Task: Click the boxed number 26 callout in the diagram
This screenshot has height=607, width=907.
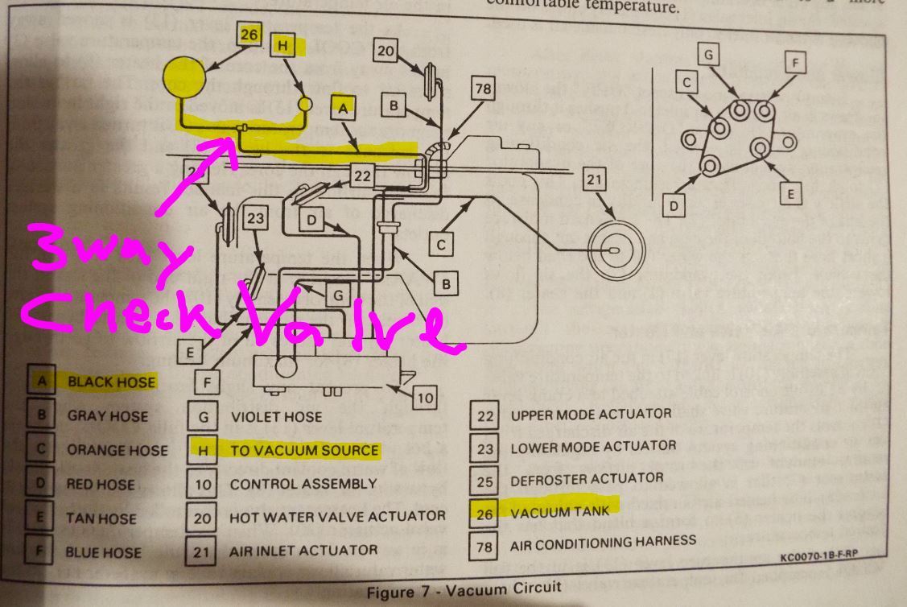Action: (x=249, y=34)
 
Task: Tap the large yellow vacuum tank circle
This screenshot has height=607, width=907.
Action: (x=184, y=78)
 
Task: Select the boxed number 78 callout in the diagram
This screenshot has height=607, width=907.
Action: (x=482, y=89)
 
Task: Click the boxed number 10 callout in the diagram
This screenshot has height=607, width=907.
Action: (x=426, y=396)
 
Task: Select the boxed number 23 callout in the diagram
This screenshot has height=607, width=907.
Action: (x=256, y=218)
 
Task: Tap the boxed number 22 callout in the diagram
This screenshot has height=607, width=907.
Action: (x=363, y=175)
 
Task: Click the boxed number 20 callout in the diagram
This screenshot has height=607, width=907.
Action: (x=386, y=52)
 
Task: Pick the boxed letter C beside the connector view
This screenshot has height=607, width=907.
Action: (x=686, y=82)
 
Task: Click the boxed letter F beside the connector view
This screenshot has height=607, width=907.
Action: (x=795, y=63)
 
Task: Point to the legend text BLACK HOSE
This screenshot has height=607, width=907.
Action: (x=111, y=382)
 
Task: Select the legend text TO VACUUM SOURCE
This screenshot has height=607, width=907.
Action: (x=304, y=450)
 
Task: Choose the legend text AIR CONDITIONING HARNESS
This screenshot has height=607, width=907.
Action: (x=603, y=543)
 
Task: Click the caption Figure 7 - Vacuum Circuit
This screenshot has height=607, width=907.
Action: (x=464, y=589)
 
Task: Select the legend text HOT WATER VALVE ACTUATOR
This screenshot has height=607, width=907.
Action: (x=337, y=516)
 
